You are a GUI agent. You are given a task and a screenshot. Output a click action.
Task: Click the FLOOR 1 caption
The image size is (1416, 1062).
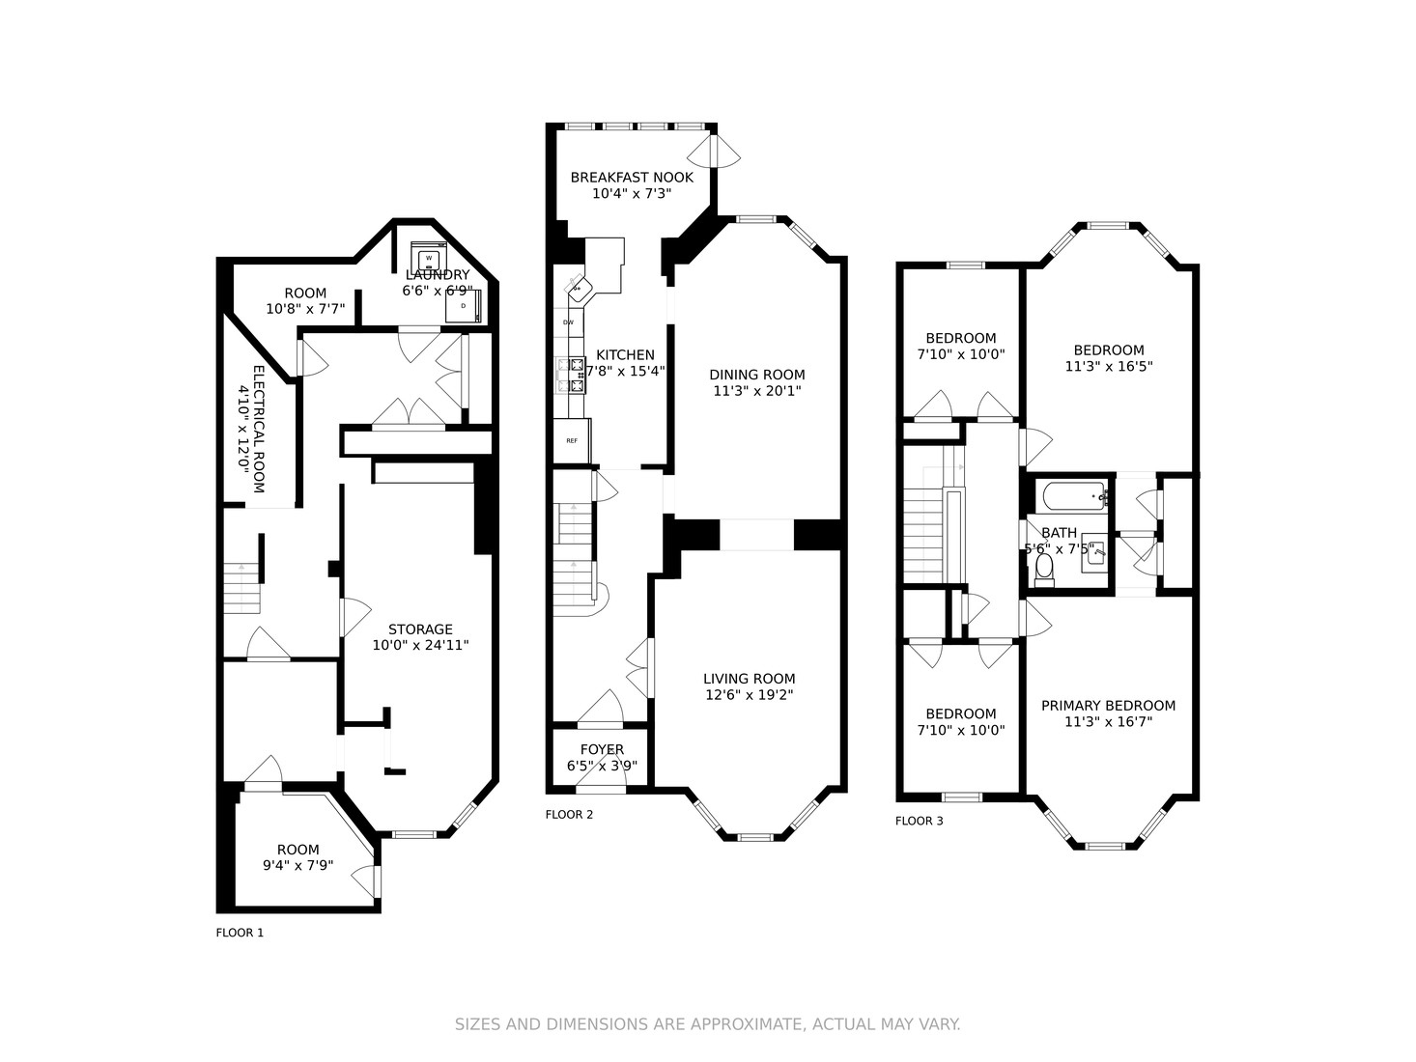coord(240,933)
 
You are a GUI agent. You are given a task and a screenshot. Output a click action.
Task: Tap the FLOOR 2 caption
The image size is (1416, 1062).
coord(569,814)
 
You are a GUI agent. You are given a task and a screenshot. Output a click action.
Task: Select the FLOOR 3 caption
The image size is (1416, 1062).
coord(919,821)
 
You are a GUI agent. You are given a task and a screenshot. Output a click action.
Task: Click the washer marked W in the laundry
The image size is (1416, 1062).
coord(427,258)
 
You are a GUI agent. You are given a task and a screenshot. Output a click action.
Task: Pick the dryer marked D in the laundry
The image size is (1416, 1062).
coord(463,306)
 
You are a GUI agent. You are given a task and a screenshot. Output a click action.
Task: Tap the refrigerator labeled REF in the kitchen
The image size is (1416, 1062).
coord(571,440)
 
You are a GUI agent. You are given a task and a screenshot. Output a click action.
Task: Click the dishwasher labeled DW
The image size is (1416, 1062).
coord(568,321)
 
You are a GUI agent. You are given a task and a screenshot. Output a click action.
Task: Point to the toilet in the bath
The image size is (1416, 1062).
coord(1043,573)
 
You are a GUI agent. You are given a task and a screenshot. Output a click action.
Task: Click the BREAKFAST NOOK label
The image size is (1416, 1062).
coord(632,178)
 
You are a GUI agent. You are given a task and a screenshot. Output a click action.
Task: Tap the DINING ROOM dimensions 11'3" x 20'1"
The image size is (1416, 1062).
coord(756,391)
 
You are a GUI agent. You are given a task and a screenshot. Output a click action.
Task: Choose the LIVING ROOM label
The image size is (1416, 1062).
coord(749,679)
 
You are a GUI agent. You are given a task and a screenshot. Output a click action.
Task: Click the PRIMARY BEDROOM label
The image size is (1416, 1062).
coord(1108,706)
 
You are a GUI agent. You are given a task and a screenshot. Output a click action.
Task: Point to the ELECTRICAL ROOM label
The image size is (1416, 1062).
coord(258,429)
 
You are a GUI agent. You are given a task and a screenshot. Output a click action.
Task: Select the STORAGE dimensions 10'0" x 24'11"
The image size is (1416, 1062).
coord(420,645)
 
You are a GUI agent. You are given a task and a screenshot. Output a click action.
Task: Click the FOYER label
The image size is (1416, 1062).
coord(602,749)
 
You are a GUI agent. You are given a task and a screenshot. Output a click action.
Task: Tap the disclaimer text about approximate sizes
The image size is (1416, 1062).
coord(707,1024)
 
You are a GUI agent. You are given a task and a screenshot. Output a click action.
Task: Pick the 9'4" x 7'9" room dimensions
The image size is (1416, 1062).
coord(297,865)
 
